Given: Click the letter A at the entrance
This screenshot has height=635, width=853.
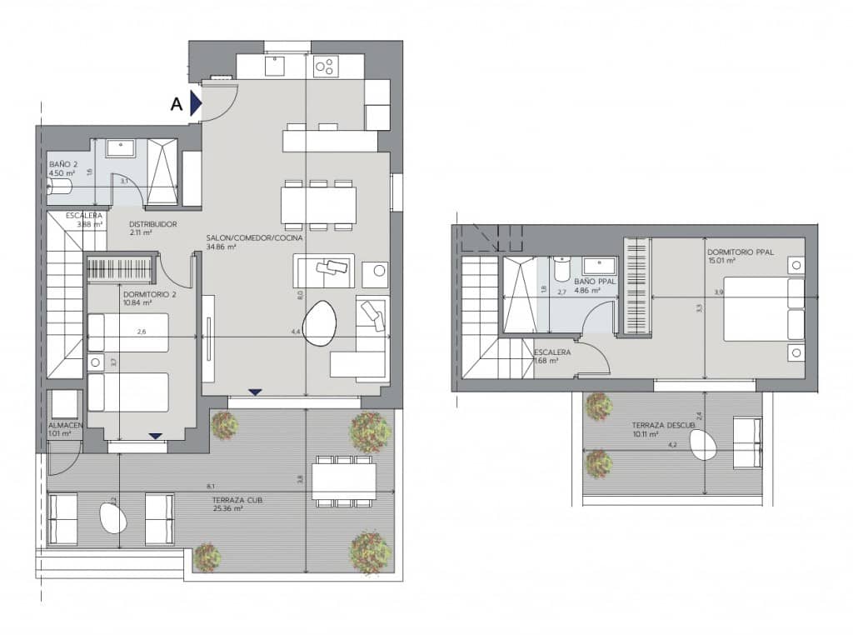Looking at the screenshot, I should click(x=176, y=104).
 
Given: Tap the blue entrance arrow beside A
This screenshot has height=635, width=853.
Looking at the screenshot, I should click(x=196, y=103).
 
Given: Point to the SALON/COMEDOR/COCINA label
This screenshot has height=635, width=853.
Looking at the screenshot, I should click(x=254, y=237).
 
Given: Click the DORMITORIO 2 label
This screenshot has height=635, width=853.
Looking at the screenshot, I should click(x=147, y=293).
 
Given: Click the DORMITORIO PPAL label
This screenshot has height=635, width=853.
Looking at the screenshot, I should click(x=741, y=252).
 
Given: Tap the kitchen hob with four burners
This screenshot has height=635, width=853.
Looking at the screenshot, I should click(x=326, y=64).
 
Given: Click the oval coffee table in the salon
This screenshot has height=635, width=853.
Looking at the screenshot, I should click(x=320, y=322).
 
